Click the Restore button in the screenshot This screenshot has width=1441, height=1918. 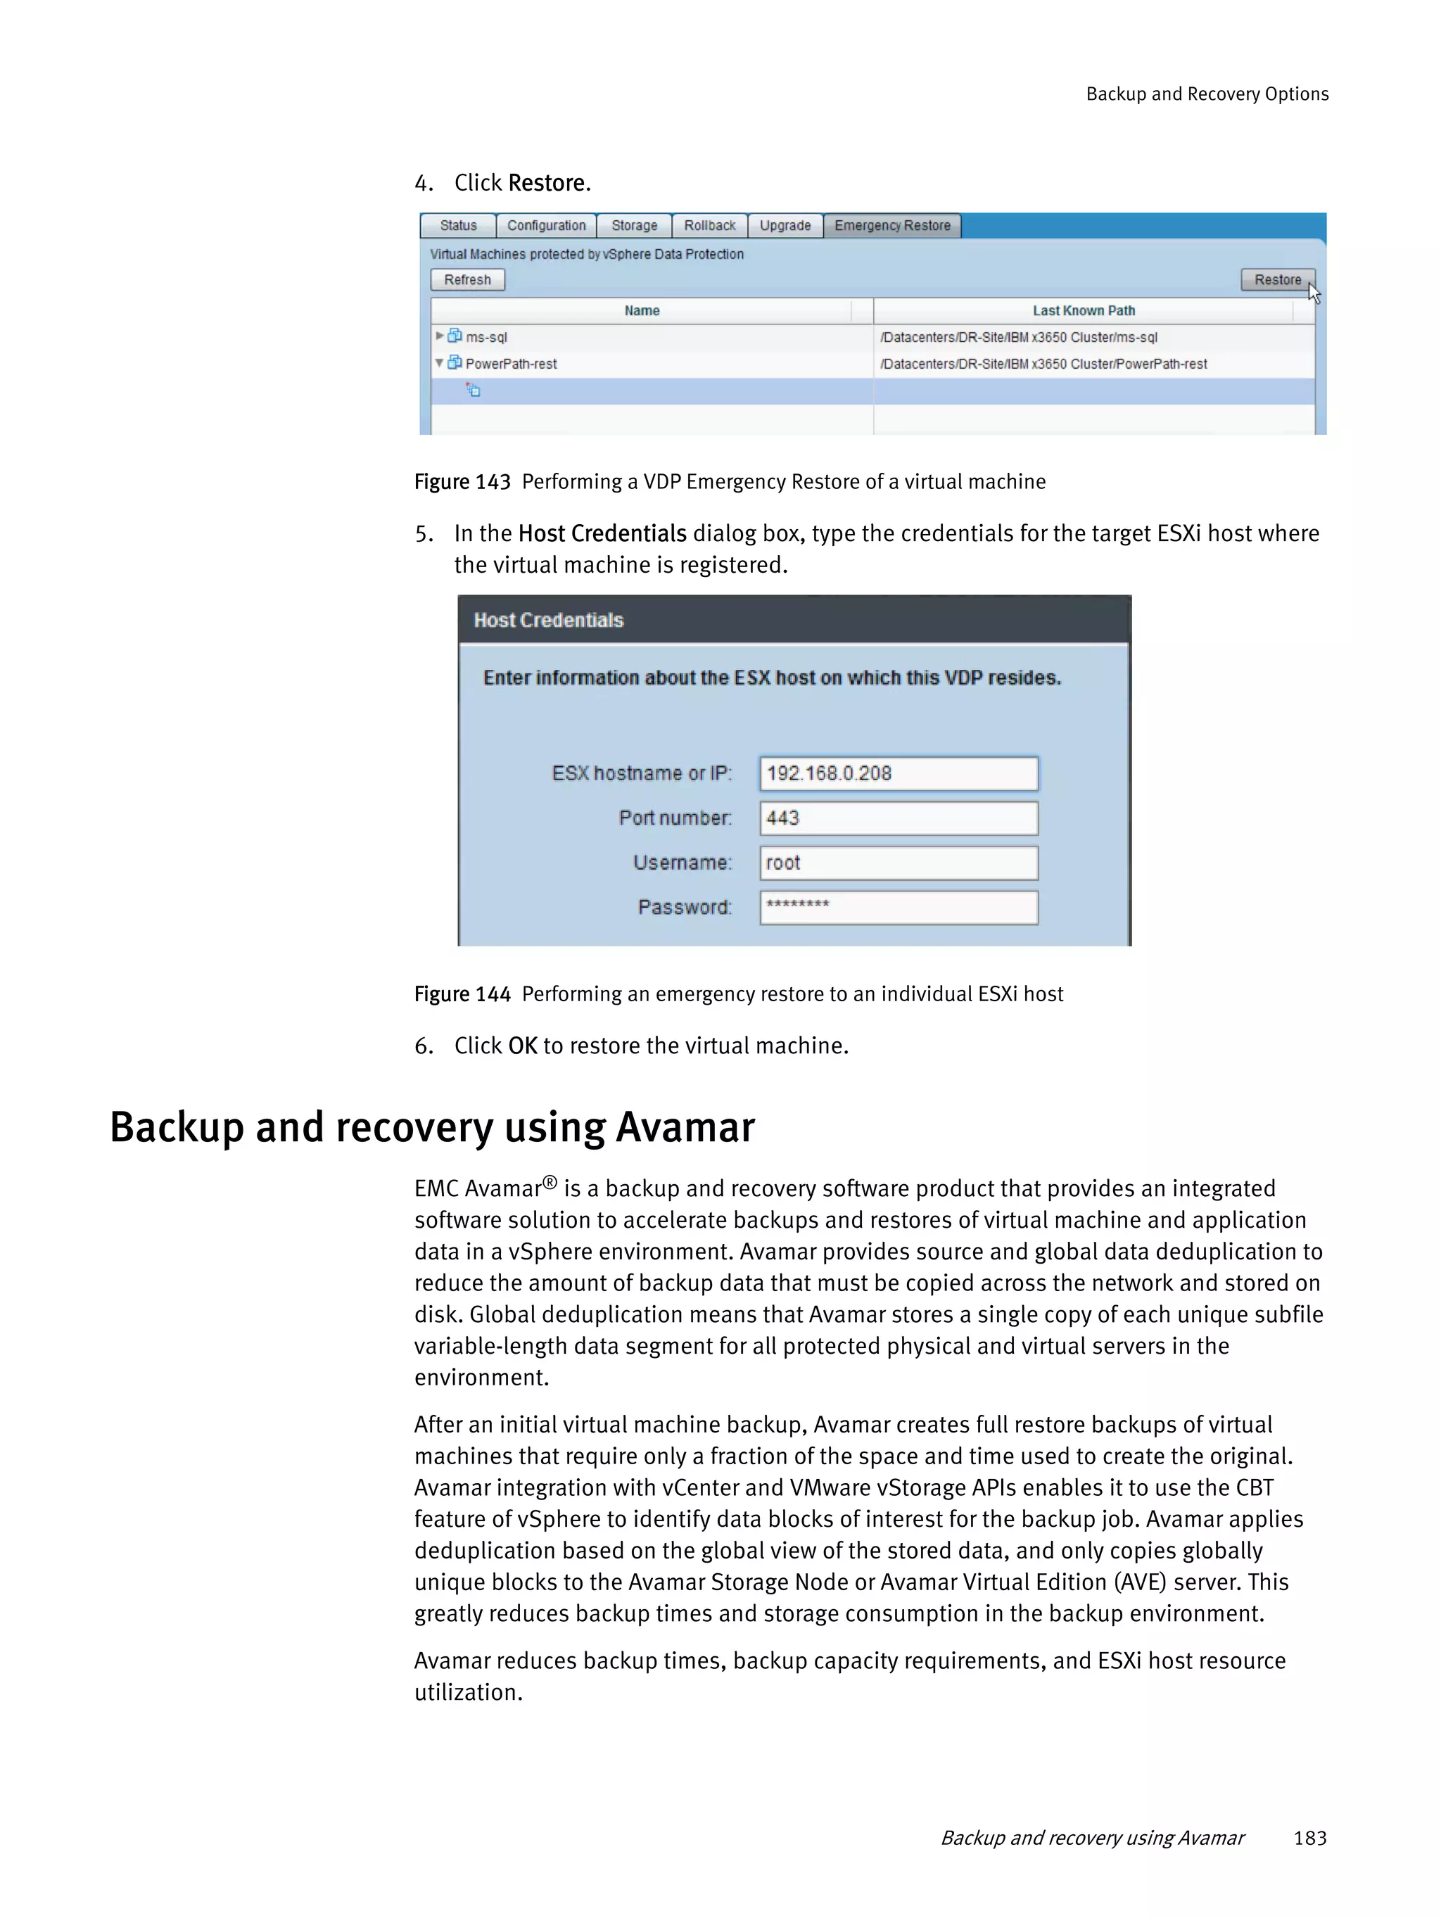point(1276,280)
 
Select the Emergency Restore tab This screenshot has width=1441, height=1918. point(891,225)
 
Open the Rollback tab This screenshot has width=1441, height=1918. point(709,225)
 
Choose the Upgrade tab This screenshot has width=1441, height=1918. point(785,225)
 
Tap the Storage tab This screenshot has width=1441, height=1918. point(634,225)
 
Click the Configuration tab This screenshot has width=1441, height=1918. point(545,225)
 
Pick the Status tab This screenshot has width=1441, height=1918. point(458,225)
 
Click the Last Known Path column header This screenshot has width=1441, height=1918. point(1083,310)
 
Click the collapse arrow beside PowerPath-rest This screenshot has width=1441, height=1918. point(440,363)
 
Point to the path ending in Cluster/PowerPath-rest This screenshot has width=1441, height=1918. point(1043,364)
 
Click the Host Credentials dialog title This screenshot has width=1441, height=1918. point(548,620)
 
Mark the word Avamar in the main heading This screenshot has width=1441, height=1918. point(684,1128)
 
